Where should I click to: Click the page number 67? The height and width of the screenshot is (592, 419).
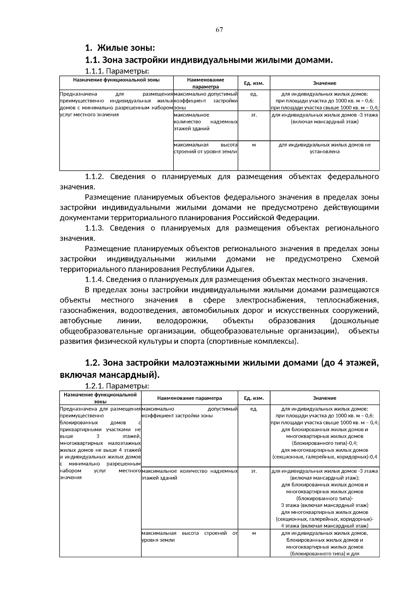coord(219,30)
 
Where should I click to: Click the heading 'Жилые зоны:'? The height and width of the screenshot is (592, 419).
coord(126,47)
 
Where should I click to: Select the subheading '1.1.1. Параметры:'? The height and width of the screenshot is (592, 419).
coord(117,72)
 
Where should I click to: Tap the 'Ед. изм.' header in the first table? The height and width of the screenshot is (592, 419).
coord(254,83)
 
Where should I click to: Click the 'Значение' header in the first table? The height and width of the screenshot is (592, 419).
coord(324,83)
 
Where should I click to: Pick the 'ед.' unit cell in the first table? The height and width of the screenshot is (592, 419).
coord(254,94)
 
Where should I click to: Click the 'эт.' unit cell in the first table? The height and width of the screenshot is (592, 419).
coord(254,115)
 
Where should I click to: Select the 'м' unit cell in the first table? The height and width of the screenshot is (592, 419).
coord(254,145)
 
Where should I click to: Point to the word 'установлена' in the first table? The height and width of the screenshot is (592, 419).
coord(324,152)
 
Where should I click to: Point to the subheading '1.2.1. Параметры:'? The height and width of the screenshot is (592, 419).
coord(117,386)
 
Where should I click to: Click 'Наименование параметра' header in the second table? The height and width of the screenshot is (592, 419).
coord(189,398)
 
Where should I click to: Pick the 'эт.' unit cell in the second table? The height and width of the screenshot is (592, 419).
coord(254,471)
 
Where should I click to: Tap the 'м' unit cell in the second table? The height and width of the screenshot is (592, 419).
coord(254,533)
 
